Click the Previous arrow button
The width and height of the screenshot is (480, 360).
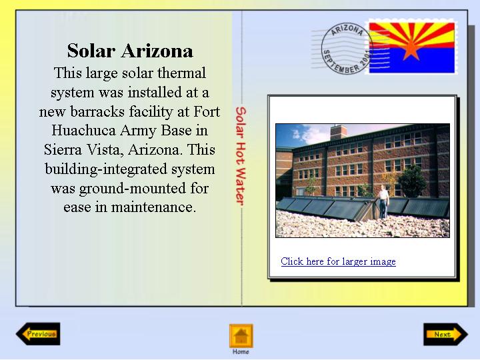(x=38, y=334)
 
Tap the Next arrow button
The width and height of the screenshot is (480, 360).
(x=446, y=334)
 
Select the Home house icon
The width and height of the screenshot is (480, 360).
(x=241, y=336)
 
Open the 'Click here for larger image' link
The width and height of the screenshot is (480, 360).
(x=338, y=261)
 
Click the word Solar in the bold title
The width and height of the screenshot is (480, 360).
(x=91, y=51)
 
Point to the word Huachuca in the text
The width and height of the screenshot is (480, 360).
(x=83, y=131)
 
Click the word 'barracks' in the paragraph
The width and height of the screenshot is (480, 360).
(x=97, y=111)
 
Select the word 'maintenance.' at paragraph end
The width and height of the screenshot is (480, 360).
(x=153, y=207)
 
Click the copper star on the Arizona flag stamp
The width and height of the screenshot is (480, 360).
(x=411, y=49)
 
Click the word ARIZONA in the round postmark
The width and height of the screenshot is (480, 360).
(x=347, y=30)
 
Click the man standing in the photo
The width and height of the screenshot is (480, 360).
(x=383, y=201)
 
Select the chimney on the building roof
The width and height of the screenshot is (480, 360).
(x=339, y=132)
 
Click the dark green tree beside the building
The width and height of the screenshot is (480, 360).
(x=412, y=181)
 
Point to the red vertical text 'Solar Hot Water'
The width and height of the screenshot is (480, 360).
(x=241, y=156)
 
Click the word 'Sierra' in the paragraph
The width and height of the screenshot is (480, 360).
(x=63, y=150)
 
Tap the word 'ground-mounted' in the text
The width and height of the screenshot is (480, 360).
(x=132, y=189)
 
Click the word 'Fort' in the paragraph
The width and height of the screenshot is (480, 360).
(x=207, y=111)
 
